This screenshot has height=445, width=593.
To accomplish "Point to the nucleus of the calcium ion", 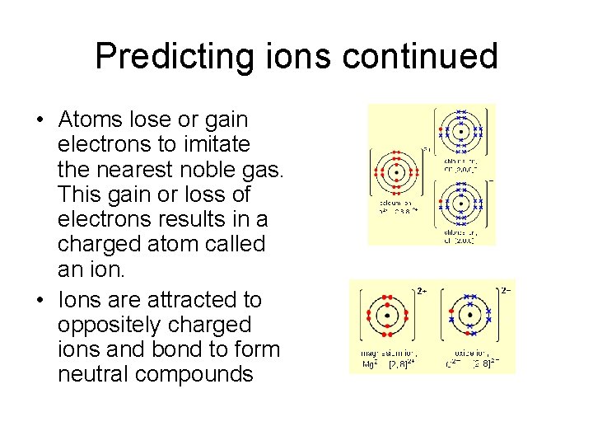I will [x=396, y=172].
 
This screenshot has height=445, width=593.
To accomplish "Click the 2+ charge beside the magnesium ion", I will [x=420, y=291].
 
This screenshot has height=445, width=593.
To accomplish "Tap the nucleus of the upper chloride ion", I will [x=462, y=132].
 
